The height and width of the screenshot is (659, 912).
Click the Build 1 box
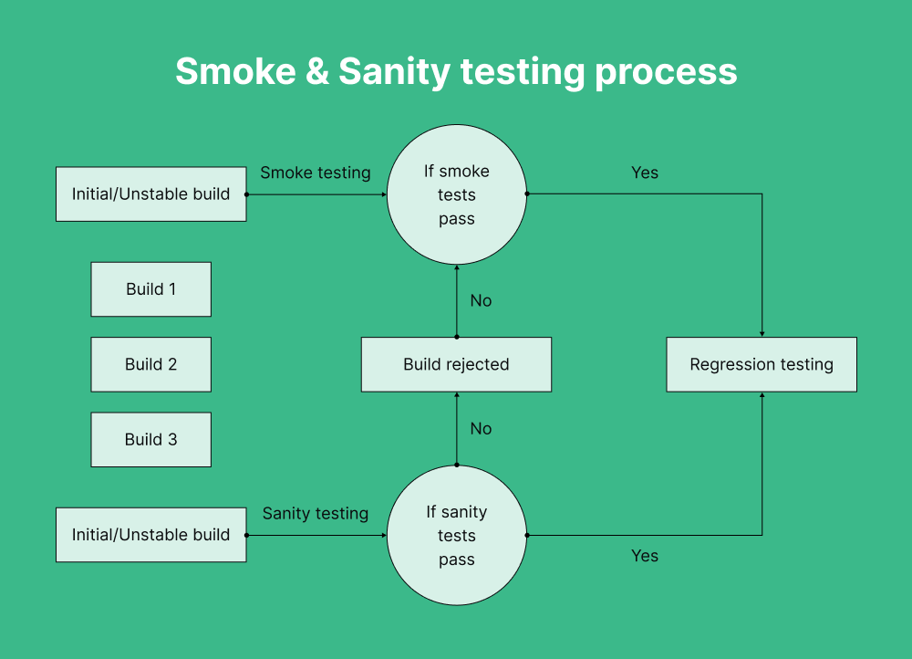pos(150,289)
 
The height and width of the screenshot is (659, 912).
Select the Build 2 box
pos(150,364)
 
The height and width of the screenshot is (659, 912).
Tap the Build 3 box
pos(150,439)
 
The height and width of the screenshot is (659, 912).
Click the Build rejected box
pos(456,364)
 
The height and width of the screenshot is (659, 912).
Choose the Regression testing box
pos(762,364)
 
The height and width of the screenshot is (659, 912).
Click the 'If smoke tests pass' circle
pos(456,194)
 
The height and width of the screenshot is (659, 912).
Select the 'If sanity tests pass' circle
pos(456,536)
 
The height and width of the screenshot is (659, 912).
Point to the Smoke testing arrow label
pos(316,173)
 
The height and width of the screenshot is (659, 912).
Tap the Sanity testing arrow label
pos(316,514)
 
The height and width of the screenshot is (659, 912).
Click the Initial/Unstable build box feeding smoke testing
pos(150,194)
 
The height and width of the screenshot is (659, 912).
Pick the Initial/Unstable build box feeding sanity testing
pos(150,535)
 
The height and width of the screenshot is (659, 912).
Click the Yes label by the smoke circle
pos(645,173)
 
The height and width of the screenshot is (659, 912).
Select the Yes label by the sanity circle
pos(645,556)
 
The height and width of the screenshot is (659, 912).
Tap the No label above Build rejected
pos(481,300)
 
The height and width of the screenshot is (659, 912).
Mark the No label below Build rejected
pos(481,428)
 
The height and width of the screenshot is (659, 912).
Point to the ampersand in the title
pos(317,71)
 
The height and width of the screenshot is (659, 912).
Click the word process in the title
pos(666,71)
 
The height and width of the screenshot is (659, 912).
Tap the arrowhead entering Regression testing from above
pos(762,333)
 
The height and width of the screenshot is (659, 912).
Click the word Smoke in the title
pos(235,71)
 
